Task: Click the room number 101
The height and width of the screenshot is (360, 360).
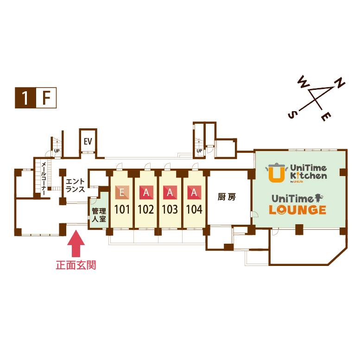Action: (x=122, y=209)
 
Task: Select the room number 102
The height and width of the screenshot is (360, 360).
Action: (x=146, y=209)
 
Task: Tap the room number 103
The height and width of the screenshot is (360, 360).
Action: (x=170, y=209)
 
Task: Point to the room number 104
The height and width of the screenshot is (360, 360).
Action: (x=194, y=209)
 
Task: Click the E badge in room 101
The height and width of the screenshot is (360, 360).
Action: (x=122, y=192)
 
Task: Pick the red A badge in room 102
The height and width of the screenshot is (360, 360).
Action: (x=146, y=192)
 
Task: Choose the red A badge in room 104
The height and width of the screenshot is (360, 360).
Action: (x=194, y=192)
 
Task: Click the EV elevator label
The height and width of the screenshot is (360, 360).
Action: (x=88, y=141)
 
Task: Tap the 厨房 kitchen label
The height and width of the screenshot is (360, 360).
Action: (x=227, y=197)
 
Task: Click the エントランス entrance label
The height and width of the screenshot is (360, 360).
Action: (x=75, y=185)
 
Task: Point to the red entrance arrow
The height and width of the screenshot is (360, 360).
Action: (x=76, y=243)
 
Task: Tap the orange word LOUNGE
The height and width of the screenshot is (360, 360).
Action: (x=297, y=209)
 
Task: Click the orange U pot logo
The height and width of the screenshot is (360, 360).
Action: (x=276, y=172)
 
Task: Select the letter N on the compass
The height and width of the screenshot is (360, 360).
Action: (x=340, y=83)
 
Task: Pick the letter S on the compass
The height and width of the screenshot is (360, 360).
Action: (x=292, y=114)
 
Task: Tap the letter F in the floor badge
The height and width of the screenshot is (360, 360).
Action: (x=46, y=98)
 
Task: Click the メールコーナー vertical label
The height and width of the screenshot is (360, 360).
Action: (x=44, y=178)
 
